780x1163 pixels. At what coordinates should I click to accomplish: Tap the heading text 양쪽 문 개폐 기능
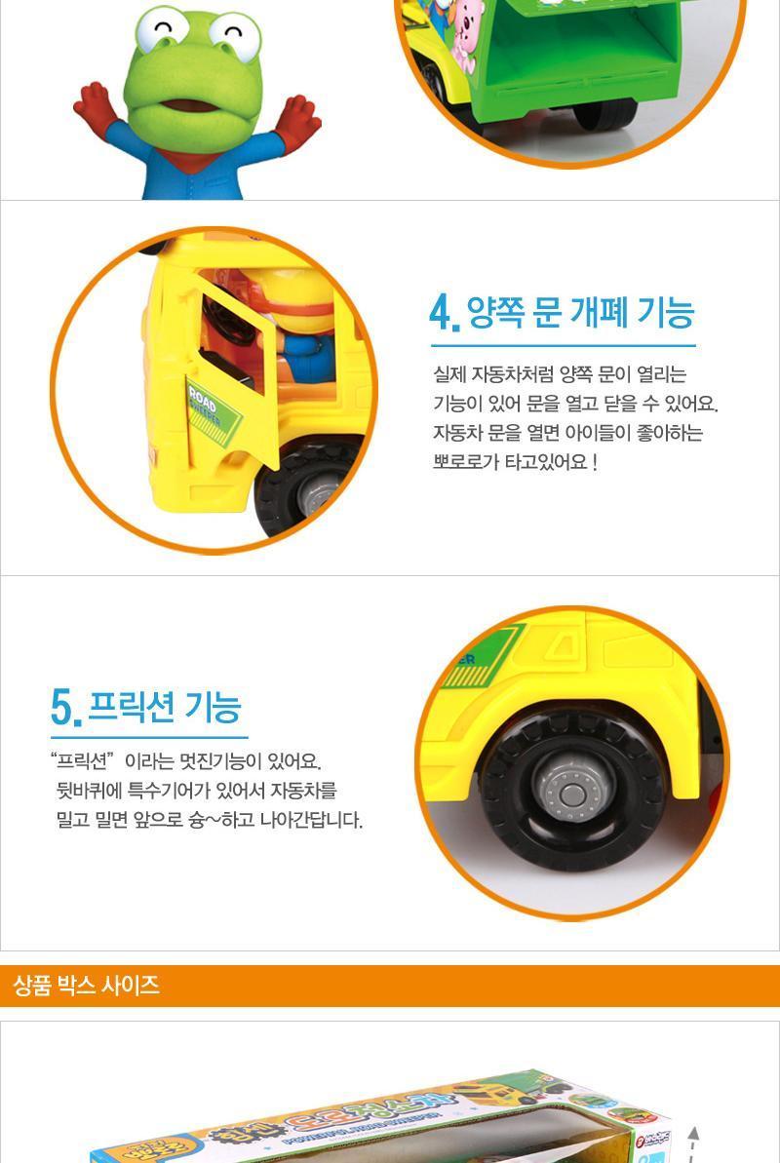point(580,313)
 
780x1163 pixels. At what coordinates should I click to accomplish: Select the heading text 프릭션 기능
point(164,706)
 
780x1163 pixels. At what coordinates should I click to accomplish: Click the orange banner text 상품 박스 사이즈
point(87,986)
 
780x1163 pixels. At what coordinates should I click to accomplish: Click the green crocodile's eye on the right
point(235,36)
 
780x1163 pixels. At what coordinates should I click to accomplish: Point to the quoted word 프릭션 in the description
point(84,760)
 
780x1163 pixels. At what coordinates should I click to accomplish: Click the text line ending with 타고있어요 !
point(515,462)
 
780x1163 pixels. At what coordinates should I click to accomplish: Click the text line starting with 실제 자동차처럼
point(560,374)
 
